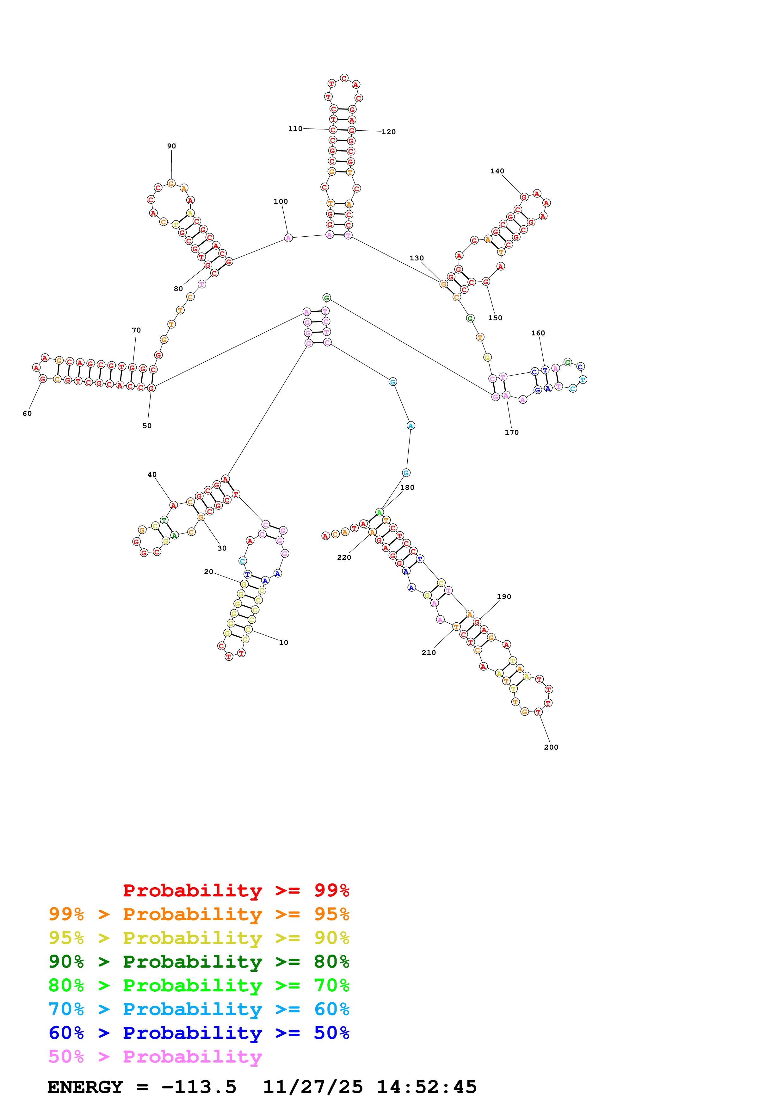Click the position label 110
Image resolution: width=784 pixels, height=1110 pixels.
[295, 128]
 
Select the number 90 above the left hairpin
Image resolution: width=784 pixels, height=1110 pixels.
[171, 146]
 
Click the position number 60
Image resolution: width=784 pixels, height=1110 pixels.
[27, 413]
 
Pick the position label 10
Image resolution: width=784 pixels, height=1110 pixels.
[284, 643]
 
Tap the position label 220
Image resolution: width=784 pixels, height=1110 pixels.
[344, 558]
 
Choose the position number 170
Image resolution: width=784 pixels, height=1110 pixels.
[512, 433]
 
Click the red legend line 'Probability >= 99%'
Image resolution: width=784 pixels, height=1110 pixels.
[236, 890]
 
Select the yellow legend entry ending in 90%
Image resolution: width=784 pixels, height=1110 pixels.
[199, 938]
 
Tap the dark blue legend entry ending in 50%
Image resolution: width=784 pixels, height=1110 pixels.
[199, 1033]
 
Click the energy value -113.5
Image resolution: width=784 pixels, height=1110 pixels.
[199, 1087]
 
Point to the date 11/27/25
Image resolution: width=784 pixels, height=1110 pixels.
[312, 1087]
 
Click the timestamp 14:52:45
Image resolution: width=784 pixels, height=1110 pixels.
[427, 1087]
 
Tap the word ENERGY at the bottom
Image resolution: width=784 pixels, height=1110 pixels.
[85, 1087]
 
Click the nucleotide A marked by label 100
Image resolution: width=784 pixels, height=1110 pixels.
[288, 238]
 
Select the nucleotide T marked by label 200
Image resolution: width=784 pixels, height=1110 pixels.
[538, 712]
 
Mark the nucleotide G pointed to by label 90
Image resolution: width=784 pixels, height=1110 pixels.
[171, 183]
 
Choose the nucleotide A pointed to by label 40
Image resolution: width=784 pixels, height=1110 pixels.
[173, 506]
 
